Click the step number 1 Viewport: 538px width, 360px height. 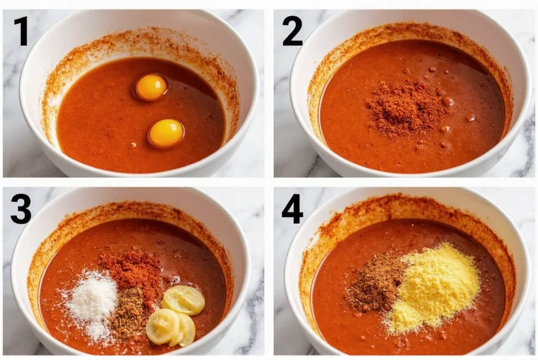(22, 31)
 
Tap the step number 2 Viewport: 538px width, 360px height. (292, 31)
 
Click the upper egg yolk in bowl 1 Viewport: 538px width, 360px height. (151, 87)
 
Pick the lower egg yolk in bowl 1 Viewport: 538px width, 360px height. (166, 133)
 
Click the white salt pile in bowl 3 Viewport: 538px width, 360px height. (92, 302)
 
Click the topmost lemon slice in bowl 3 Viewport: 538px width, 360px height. (184, 299)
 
